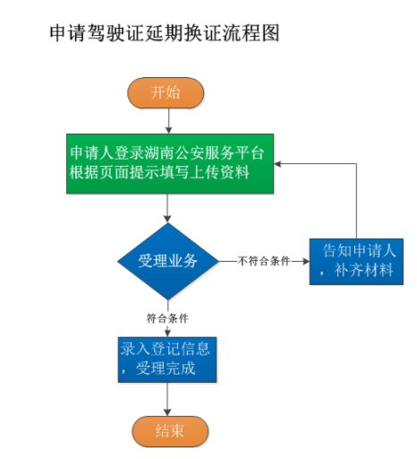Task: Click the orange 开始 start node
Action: (x=166, y=92)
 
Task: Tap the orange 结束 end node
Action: (x=170, y=431)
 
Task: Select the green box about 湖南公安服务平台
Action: (x=170, y=163)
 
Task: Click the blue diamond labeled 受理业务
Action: (x=168, y=261)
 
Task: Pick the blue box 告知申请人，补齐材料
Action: (x=356, y=262)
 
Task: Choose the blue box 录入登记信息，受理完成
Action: (x=167, y=359)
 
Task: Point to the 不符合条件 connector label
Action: (x=264, y=261)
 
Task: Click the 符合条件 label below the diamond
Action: (x=167, y=318)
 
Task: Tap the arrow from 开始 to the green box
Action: (x=169, y=121)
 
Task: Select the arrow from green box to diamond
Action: (x=167, y=208)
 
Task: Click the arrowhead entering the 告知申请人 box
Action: (x=306, y=262)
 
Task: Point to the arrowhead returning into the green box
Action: (x=277, y=164)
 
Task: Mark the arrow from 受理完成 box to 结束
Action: (x=167, y=399)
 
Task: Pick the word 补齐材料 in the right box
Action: (x=364, y=271)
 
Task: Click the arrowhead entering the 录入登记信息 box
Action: (x=167, y=333)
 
